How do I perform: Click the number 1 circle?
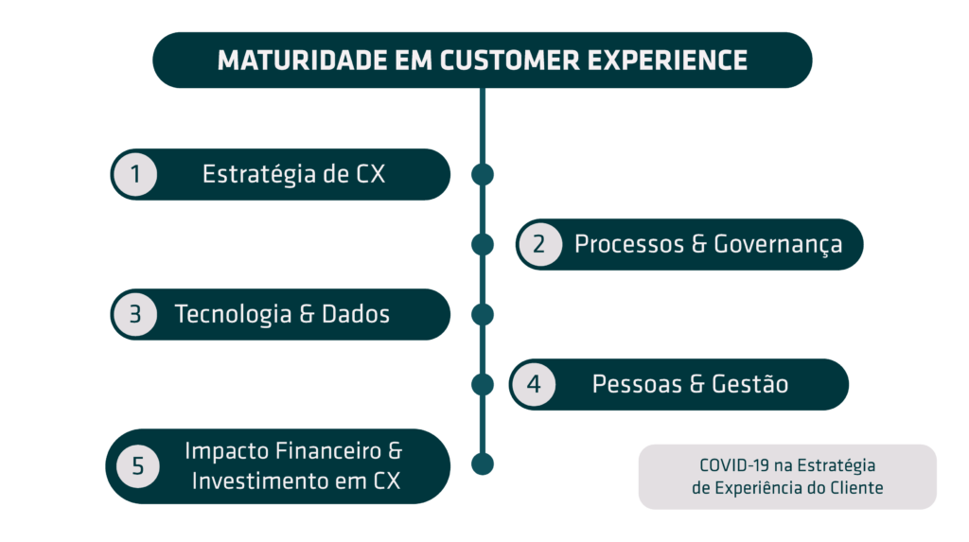click(x=135, y=174)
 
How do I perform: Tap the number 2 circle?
click(x=539, y=244)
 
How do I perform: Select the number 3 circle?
click(x=135, y=314)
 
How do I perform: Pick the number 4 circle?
click(x=534, y=384)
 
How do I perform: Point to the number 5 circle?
click(x=137, y=466)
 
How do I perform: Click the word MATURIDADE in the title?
click(x=303, y=61)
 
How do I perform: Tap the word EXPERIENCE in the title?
click(x=667, y=61)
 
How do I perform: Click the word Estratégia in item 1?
click(x=259, y=175)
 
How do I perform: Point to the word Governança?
click(x=778, y=245)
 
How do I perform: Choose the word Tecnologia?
click(x=233, y=315)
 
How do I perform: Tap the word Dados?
click(x=356, y=314)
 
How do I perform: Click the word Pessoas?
click(x=637, y=384)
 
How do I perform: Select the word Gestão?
click(x=750, y=384)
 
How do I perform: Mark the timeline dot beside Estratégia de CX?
click(x=483, y=175)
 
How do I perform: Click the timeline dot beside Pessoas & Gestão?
click(x=483, y=384)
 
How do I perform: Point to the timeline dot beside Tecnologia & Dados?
click(x=483, y=315)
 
